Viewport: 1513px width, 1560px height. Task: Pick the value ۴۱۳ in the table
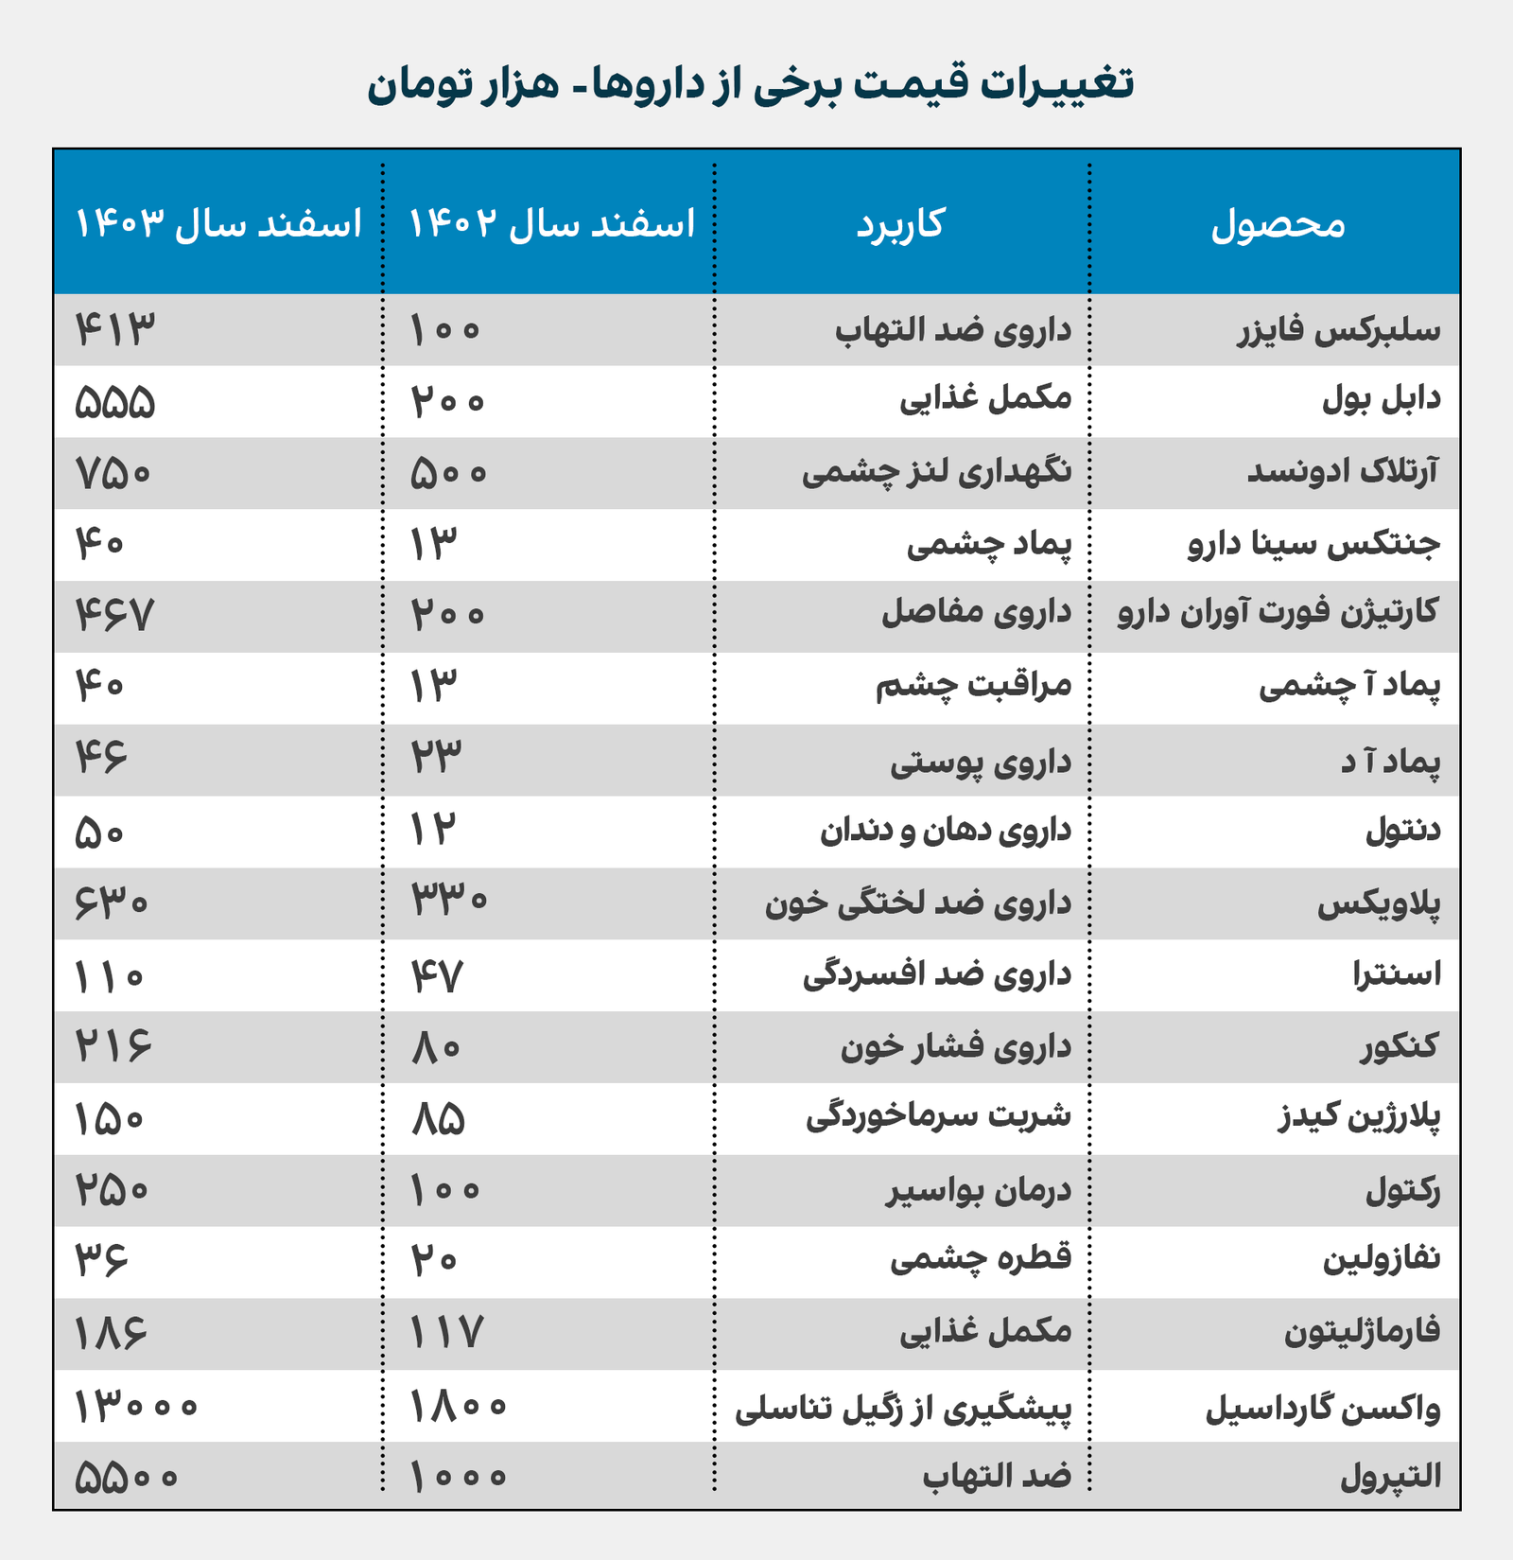click(x=114, y=330)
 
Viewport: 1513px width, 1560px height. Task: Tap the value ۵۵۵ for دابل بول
click(x=114, y=402)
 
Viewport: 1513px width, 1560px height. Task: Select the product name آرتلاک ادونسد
click(x=1343, y=473)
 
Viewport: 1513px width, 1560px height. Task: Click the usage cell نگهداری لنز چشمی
click(x=936, y=473)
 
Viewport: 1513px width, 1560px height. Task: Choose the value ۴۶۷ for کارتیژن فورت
click(x=114, y=616)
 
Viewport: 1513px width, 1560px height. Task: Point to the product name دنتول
click(x=1403, y=832)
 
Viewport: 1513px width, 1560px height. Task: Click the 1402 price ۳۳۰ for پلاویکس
click(x=449, y=902)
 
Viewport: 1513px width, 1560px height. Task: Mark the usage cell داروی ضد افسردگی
click(x=937, y=975)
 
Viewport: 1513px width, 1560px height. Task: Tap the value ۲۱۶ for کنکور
click(x=113, y=1047)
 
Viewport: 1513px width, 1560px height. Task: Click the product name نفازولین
click(x=1381, y=1260)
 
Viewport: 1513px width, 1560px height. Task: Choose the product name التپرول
click(x=1390, y=1477)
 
